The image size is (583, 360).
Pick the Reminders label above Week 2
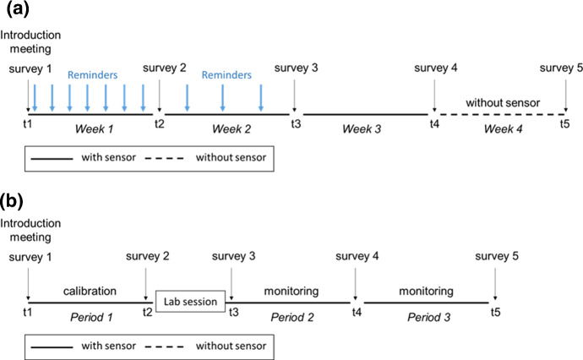pos(225,74)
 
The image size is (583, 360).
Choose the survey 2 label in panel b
pos(147,256)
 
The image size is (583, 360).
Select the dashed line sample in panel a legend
pos(166,157)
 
